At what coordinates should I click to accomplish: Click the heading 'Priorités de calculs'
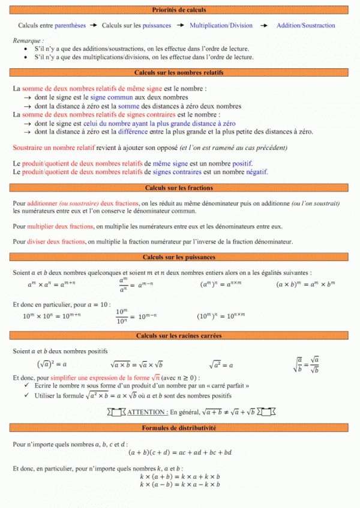[179, 10]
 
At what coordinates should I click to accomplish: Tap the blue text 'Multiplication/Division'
[221, 26]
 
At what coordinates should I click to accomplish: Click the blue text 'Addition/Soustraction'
[305, 26]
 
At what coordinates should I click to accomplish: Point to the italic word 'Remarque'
[27, 40]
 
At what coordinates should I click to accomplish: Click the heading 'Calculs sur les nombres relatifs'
[179, 72]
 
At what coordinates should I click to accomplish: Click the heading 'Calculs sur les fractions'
[179, 188]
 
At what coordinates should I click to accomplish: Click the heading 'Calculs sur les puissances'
[179, 257]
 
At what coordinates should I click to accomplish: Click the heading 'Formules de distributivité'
[179, 428]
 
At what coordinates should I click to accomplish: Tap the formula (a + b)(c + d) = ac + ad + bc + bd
[180, 452]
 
